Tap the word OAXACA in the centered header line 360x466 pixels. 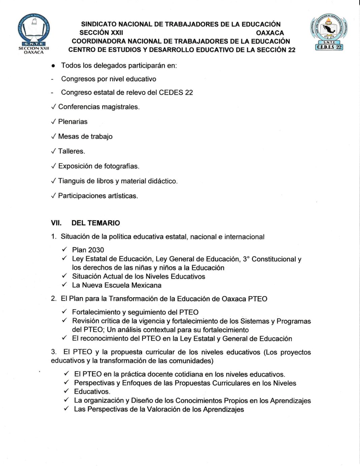pyautogui.click(x=270, y=33)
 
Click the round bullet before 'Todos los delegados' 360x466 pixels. pyautogui.click(x=53, y=66)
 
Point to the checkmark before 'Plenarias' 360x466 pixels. pyautogui.click(x=53, y=122)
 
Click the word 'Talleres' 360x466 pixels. pyautogui.click(x=71, y=151)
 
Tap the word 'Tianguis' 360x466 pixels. pyautogui.click(x=71, y=181)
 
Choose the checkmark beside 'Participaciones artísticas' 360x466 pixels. pyautogui.click(x=53, y=196)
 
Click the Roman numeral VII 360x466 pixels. pyautogui.click(x=56, y=223)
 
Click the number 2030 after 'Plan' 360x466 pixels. pyautogui.click(x=96, y=250)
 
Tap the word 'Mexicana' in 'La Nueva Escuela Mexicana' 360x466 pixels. pyautogui.click(x=146, y=285)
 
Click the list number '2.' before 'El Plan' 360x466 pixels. pyautogui.click(x=54, y=299)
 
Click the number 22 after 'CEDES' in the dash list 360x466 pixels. pyautogui.click(x=189, y=92)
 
